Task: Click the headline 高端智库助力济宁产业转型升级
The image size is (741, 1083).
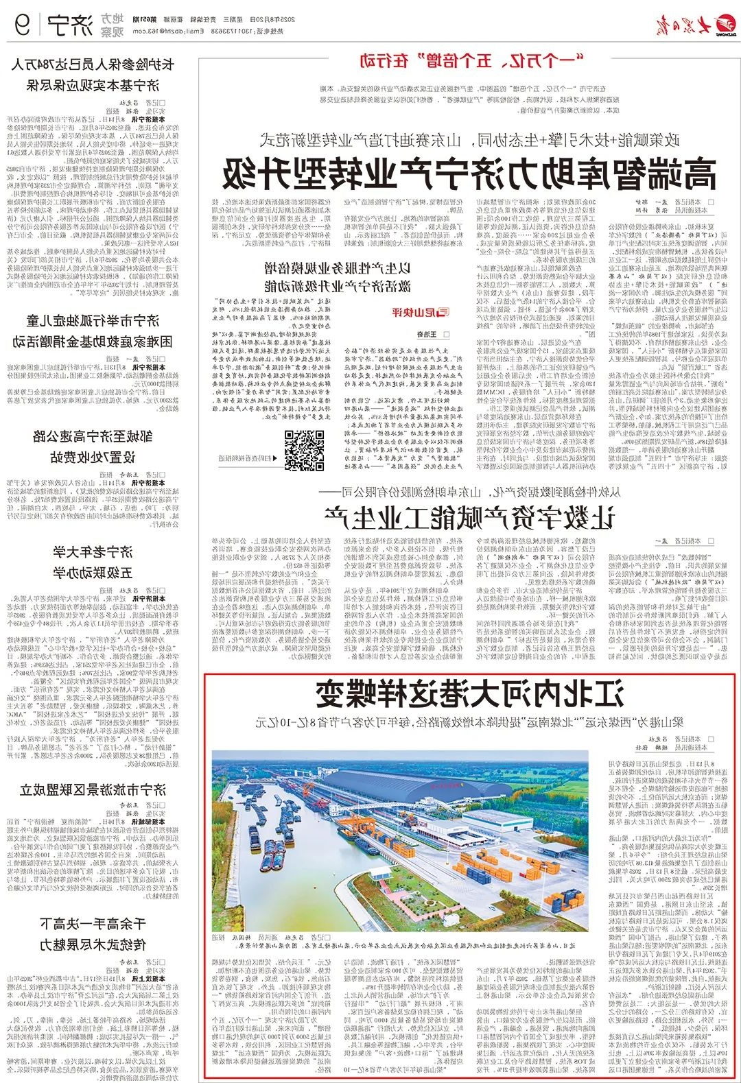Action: pos(469,172)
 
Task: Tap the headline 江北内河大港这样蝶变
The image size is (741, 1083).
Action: pos(470,695)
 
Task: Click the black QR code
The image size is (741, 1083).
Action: pos(305,450)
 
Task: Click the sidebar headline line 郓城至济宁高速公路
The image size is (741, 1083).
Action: pos(93,435)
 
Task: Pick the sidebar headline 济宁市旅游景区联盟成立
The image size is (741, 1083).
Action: pos(93,790)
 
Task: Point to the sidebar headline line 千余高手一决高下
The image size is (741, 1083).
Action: pos(93,924)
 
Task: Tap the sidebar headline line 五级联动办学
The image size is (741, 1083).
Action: pos(93,573)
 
